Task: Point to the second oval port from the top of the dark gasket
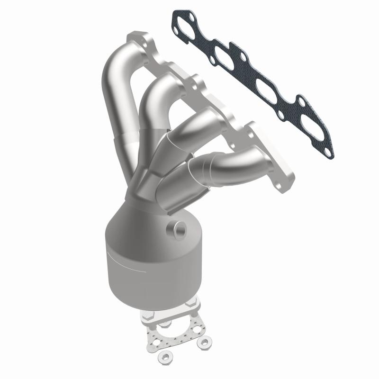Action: (223, 53)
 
